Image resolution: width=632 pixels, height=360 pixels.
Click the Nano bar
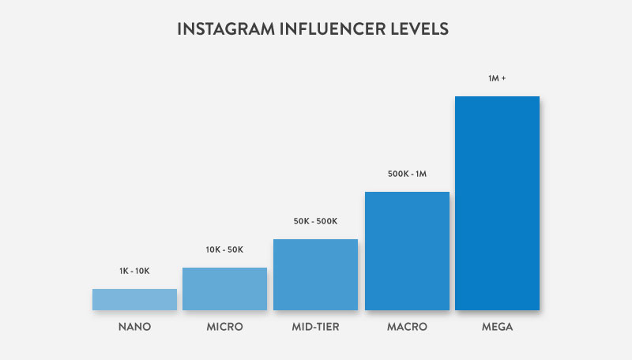pos(134,299)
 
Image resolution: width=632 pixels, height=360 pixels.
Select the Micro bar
pos(224,288)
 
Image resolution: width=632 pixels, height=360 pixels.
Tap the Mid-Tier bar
pos(315,274)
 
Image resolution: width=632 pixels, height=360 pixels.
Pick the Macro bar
pos(407,250)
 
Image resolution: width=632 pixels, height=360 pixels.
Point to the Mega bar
pos(497,203)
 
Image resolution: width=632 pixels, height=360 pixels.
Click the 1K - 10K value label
pos(134,271)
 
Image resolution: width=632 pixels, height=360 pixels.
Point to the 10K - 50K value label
pos(224,249)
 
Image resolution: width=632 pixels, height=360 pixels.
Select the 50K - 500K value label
pos(315,221)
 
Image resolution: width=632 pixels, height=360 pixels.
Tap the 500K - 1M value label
pos(407,174)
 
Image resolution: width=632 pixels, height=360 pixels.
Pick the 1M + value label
pos(497,78)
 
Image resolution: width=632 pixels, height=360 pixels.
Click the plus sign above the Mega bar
pos(504,78)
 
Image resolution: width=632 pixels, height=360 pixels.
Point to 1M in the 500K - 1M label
pos(420,174)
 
